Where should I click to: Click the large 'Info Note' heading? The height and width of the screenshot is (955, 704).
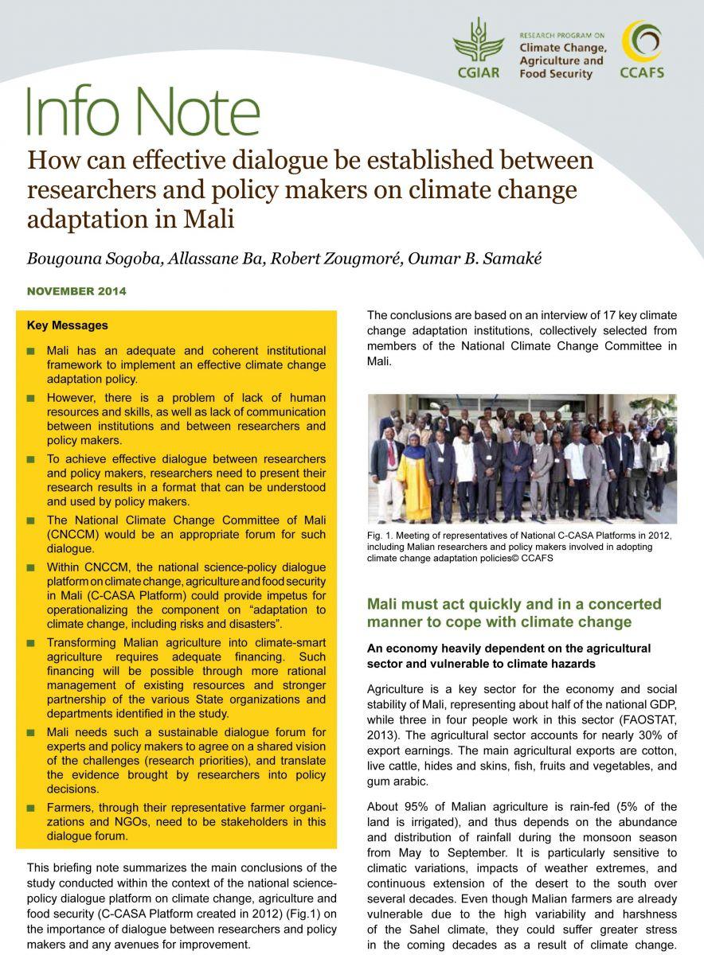tap(143, 113)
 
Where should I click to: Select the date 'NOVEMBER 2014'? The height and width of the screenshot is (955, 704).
tap(76, 291)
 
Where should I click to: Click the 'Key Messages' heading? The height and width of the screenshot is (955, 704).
tap(68, 325)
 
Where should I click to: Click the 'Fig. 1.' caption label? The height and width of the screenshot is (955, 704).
tap(380, 535)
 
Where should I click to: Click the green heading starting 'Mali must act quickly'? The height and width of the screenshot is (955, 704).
tap(514, 613)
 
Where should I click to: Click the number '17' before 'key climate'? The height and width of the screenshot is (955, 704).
tap(583, 316)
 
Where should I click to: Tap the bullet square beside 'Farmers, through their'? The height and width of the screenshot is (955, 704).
tap(31, 808)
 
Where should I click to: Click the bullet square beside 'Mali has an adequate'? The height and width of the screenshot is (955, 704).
tap(31, 351)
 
